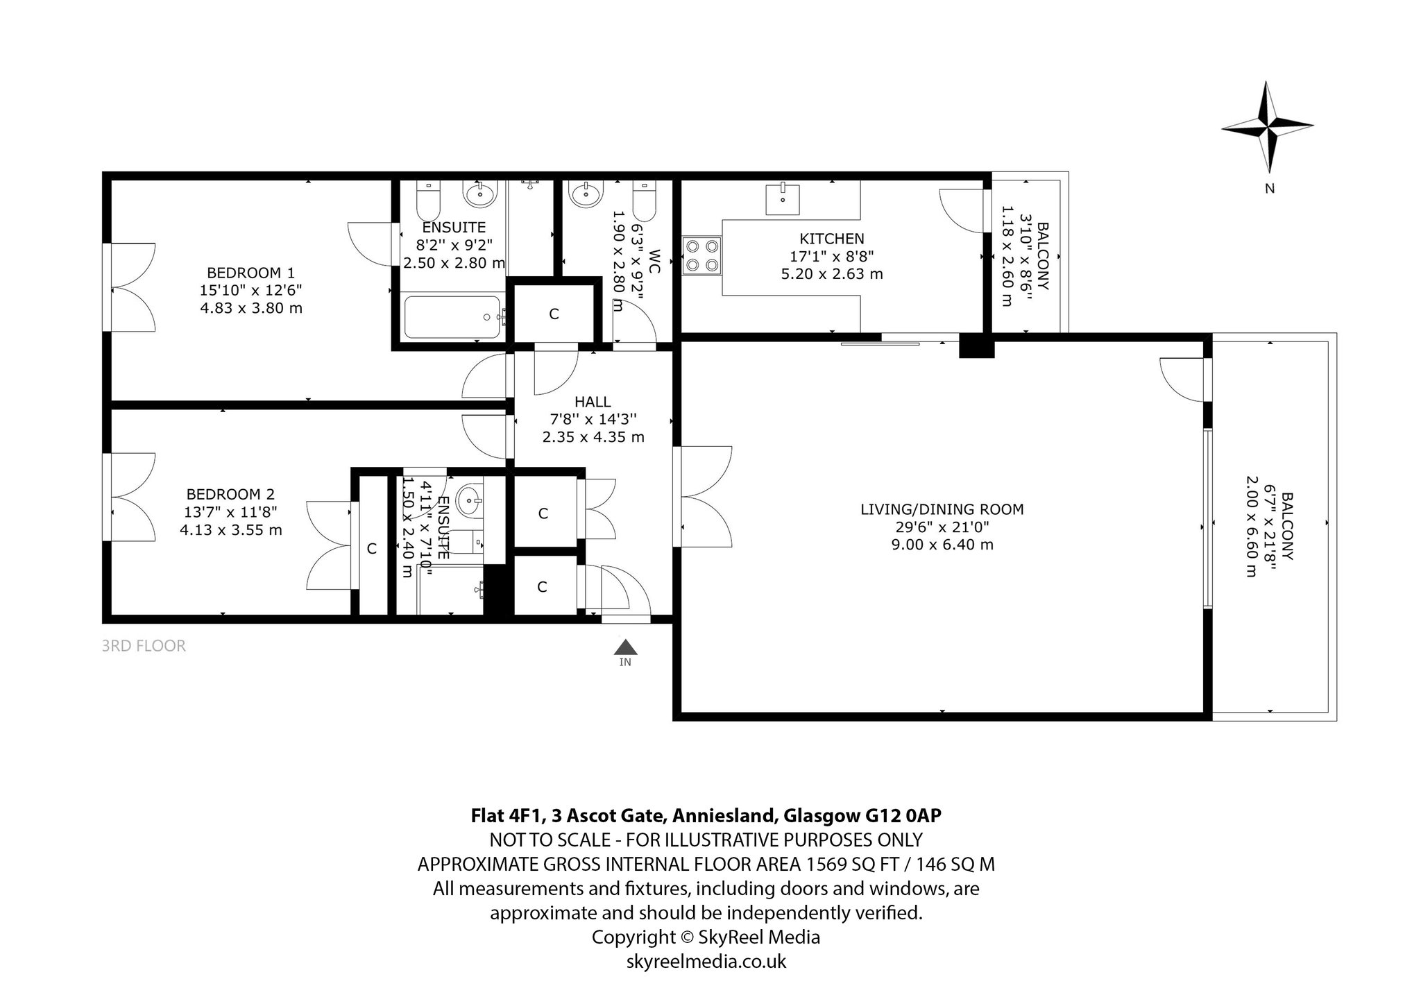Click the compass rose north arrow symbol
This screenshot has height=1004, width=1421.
(1268, 127)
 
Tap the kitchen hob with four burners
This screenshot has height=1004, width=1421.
(702, 255)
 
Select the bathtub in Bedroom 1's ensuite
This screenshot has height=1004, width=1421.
(452, 317)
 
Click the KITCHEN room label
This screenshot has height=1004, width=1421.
(832, 239)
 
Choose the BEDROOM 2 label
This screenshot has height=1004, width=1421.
(230, 494)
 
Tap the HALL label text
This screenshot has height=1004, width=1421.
(593, 402)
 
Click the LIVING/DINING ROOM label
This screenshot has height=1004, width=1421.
(942, 509)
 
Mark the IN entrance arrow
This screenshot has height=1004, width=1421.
(625, 647)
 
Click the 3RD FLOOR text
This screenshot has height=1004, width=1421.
(144, 646)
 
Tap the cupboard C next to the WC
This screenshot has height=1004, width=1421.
(554, 314)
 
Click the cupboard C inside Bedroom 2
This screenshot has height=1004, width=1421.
(372, 548)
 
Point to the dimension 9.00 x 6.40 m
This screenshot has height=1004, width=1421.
(942, 545)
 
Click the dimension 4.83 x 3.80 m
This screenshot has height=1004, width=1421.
(251, 308)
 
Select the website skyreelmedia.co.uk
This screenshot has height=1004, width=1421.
(706, 962)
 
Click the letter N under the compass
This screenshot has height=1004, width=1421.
(1270, 188)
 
